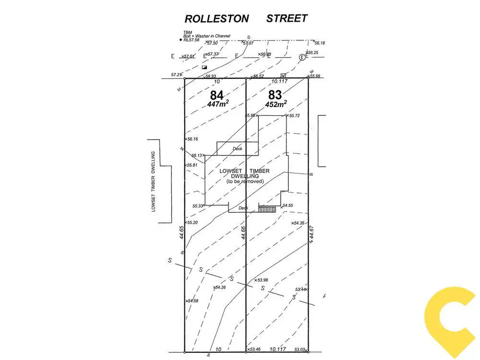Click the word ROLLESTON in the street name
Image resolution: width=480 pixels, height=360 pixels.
coord(217,19)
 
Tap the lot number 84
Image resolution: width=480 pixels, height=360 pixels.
coord(217,95)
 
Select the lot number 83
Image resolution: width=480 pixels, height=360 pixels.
coord(275,95)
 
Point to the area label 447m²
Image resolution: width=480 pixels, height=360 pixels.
coord(217,104)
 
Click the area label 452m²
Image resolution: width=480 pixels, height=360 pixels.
coord(276,104)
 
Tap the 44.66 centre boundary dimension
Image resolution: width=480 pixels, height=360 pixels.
coord(243,232)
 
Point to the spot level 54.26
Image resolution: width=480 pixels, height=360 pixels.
coord(220,288)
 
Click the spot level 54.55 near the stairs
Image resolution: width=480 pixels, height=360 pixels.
coord(287,205)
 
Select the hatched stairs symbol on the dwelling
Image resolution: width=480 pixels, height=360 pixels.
coord(267,209)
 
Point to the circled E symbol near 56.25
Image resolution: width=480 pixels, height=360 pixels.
coord(302,57)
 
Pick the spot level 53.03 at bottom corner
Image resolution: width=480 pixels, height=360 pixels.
coord(300,350)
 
